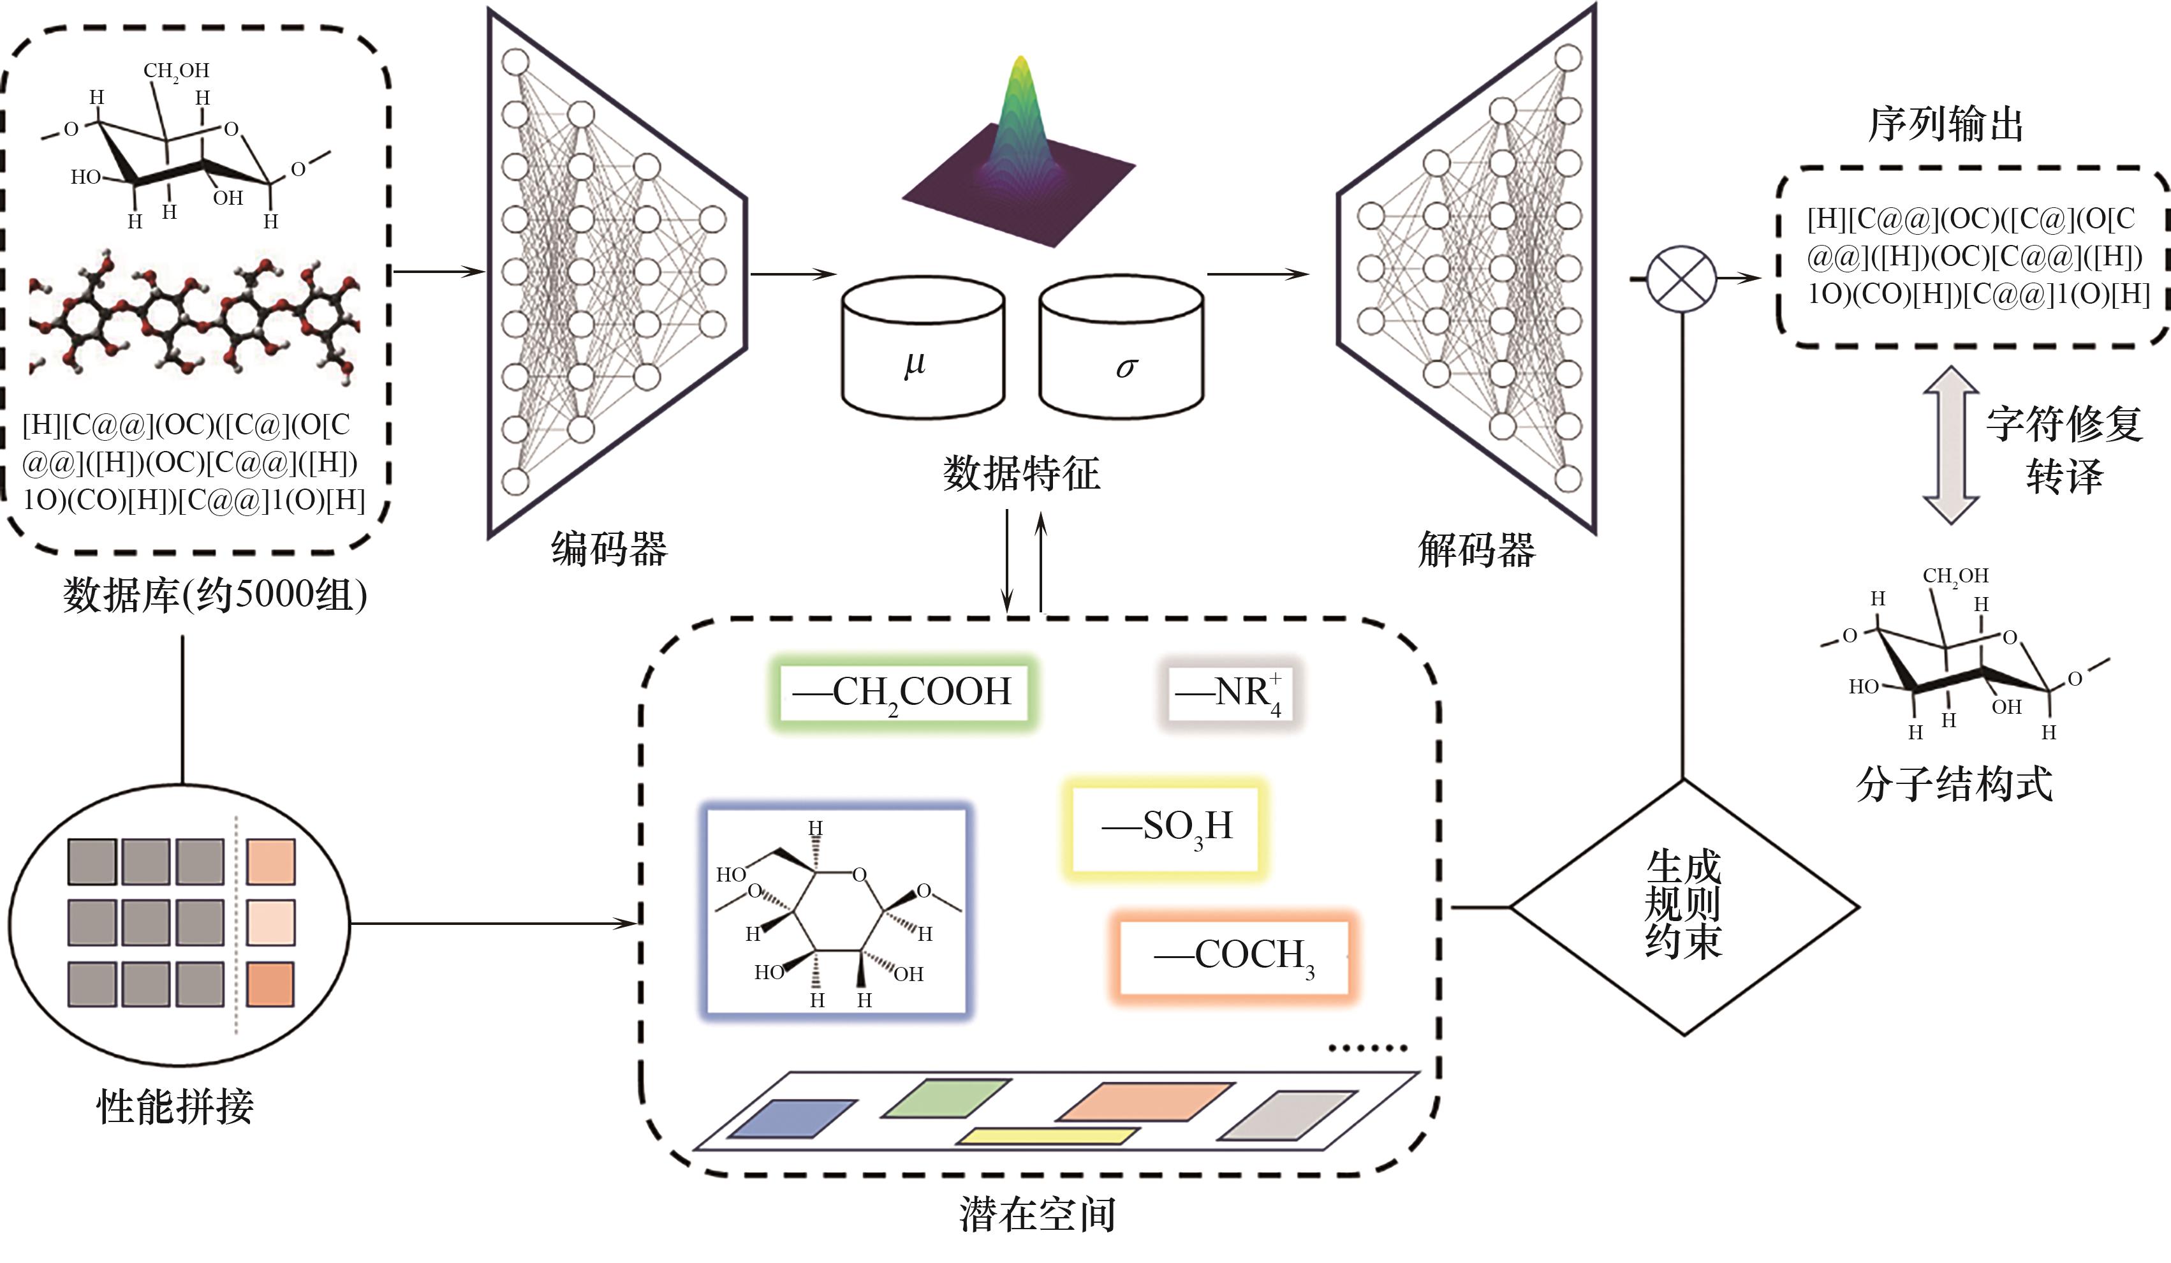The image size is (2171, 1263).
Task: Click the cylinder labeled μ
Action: (923, 349)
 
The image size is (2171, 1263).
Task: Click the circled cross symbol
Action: (1682, 278)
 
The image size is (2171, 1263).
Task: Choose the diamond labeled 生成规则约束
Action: (1683, 906)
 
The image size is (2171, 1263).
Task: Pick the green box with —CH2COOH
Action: (904, 693)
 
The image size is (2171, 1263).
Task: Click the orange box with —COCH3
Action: (1233, 956)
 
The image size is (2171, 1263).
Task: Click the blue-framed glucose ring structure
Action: (835, 912)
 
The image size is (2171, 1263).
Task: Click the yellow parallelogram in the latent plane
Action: (1047, 1136)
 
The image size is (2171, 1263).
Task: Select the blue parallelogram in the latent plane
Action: (793, 1118)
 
